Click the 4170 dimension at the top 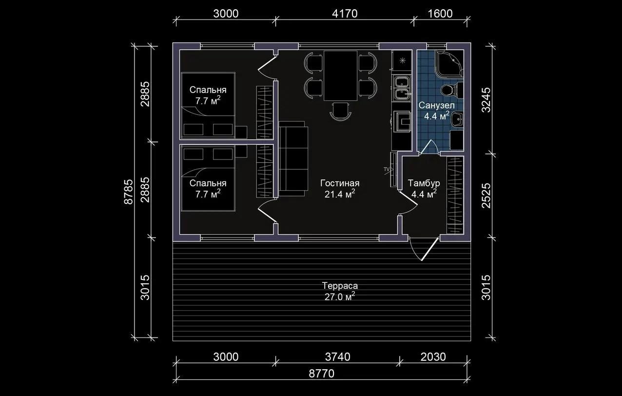[345, 14]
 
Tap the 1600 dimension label [440, 14]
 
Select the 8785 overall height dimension [129, 192]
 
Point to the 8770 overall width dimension [322, 374]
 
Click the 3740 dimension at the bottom [338, 357]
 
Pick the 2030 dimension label [433, 357]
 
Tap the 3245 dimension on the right [486, 100]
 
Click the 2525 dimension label [486, 196]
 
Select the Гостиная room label [340, 183]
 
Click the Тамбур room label [424, 183]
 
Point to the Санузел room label [436, 105]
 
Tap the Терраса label [340, 286]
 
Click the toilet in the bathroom [452, 89]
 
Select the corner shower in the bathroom [449, 63]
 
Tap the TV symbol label [387, 169]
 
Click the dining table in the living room [340, 76]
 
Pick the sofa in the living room [293, 158]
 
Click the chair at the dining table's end [340, 111]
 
